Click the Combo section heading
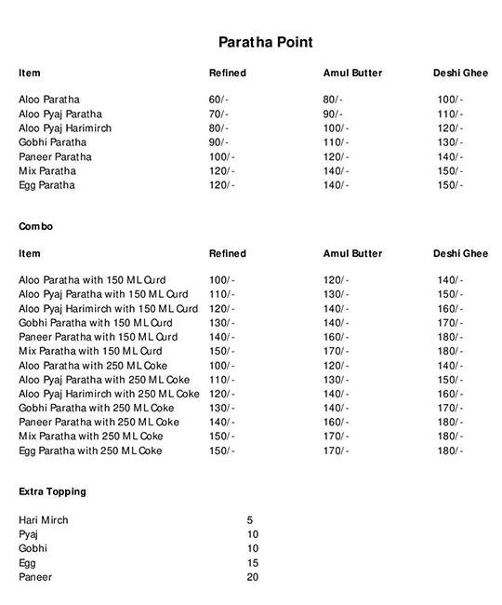[35, 226]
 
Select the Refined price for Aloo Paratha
[219, 100]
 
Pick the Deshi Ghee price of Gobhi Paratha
[451, 142]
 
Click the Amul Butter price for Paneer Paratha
[336, 157]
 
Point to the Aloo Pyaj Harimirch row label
[65, 128]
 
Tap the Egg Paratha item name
[47, 186]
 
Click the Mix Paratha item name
[47, 171]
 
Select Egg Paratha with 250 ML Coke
[90, 451]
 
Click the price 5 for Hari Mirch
[250, 520]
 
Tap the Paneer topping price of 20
[253, 578]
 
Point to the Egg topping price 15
[253, 563]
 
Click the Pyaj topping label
[28, 534]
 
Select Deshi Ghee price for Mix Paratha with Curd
[451, 351]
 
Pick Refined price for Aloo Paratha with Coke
[222, 366]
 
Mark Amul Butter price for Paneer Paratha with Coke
[336, 423]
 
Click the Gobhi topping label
[33, 549]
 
